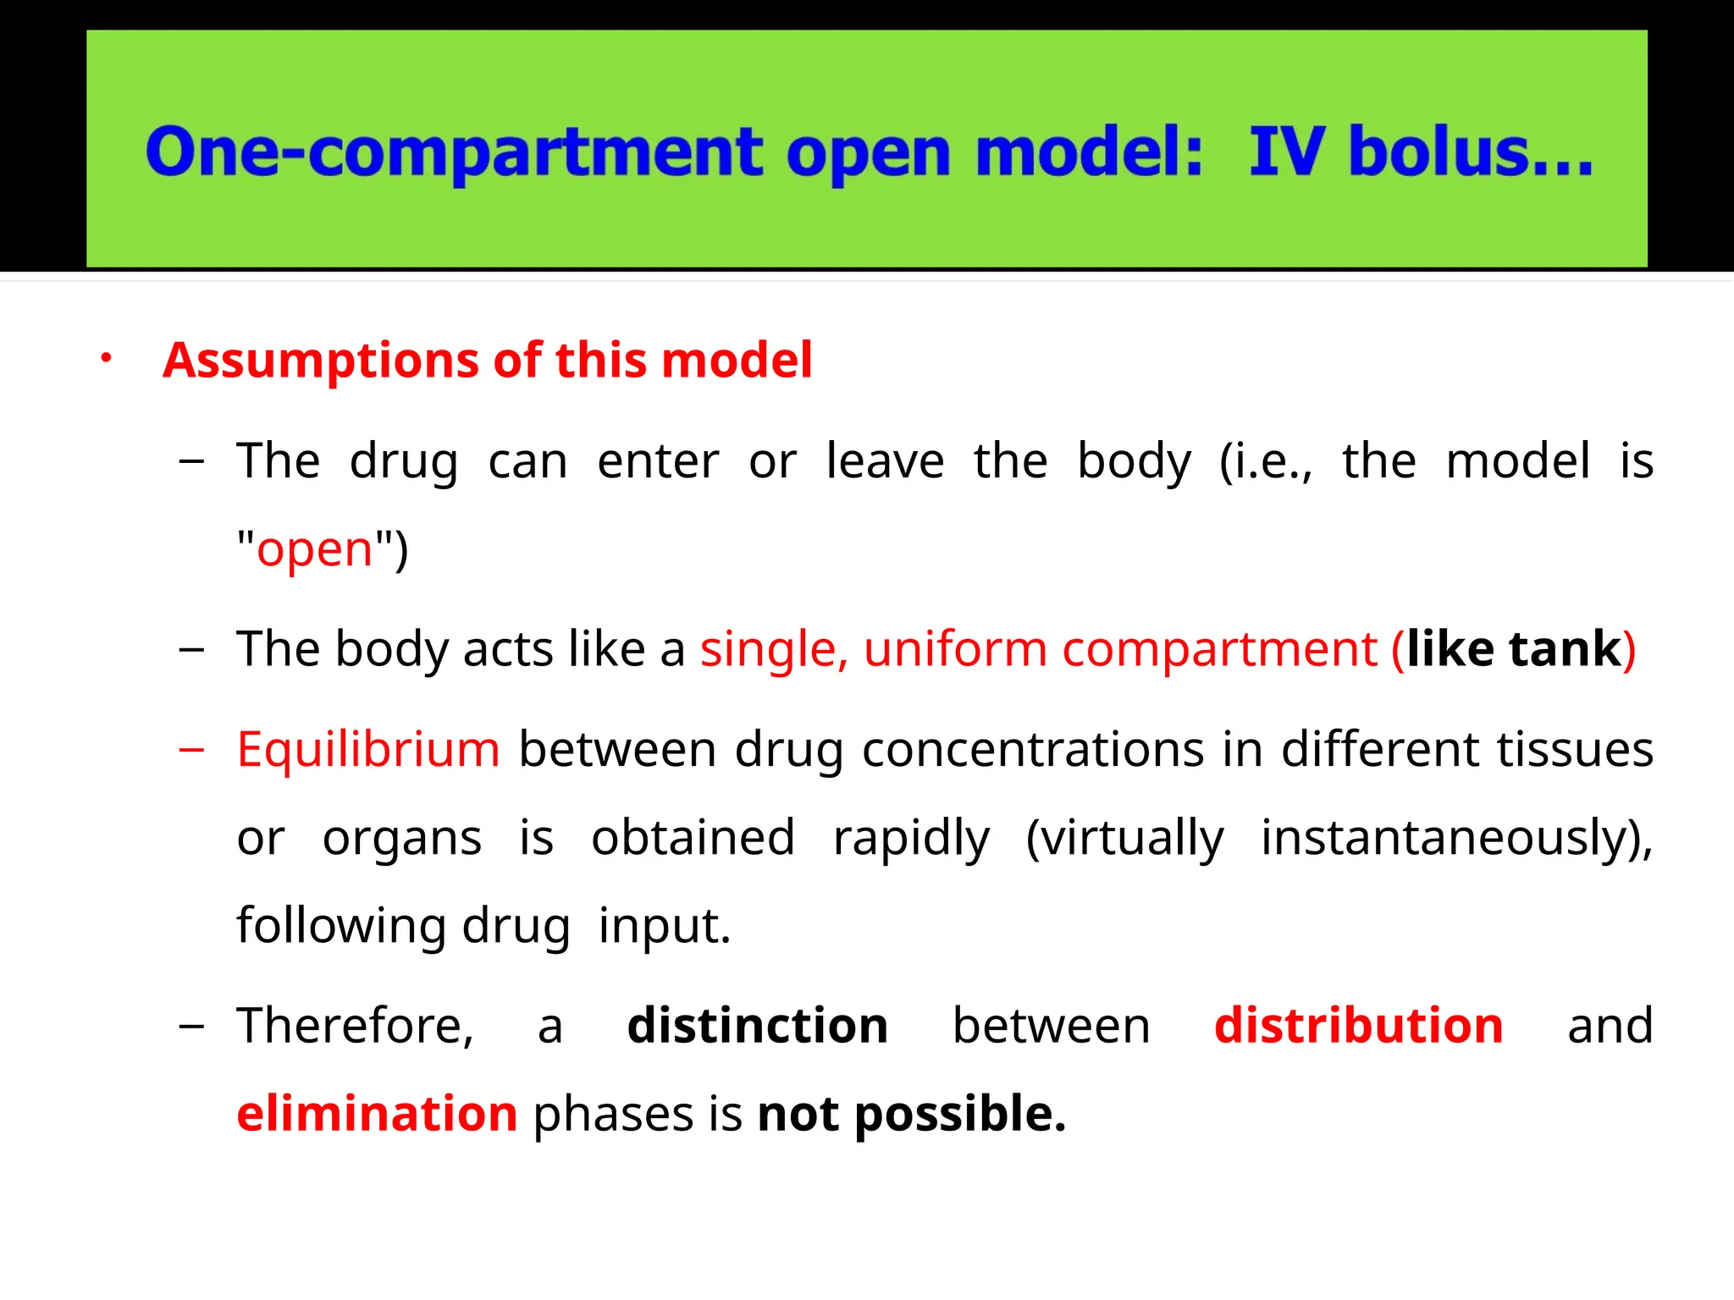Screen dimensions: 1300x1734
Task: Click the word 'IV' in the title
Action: point(1286,152)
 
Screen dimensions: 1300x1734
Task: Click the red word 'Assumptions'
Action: point(321,361)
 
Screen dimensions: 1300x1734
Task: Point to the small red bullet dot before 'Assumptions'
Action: point(106,358)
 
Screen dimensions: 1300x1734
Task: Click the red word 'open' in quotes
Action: point(315,550)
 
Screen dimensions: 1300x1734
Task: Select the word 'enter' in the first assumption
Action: point(658,462)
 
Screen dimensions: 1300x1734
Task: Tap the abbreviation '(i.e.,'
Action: point(1266,462)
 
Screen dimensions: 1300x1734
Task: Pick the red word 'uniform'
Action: point(955,649)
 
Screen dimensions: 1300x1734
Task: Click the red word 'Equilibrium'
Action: point(368,750)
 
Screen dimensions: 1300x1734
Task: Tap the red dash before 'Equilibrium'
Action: point(192,750)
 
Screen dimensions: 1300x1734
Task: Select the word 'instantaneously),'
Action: point(1456,838)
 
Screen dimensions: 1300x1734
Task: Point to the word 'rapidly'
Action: point(911,838)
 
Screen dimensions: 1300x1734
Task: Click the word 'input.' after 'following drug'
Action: point(664,926)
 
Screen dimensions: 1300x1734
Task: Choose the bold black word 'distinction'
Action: point(757,1026)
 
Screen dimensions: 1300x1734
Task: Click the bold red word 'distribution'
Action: point(1358,1026)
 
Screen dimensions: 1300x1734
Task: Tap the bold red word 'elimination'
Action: point(377,1114)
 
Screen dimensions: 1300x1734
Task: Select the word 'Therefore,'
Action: point(355,1026)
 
